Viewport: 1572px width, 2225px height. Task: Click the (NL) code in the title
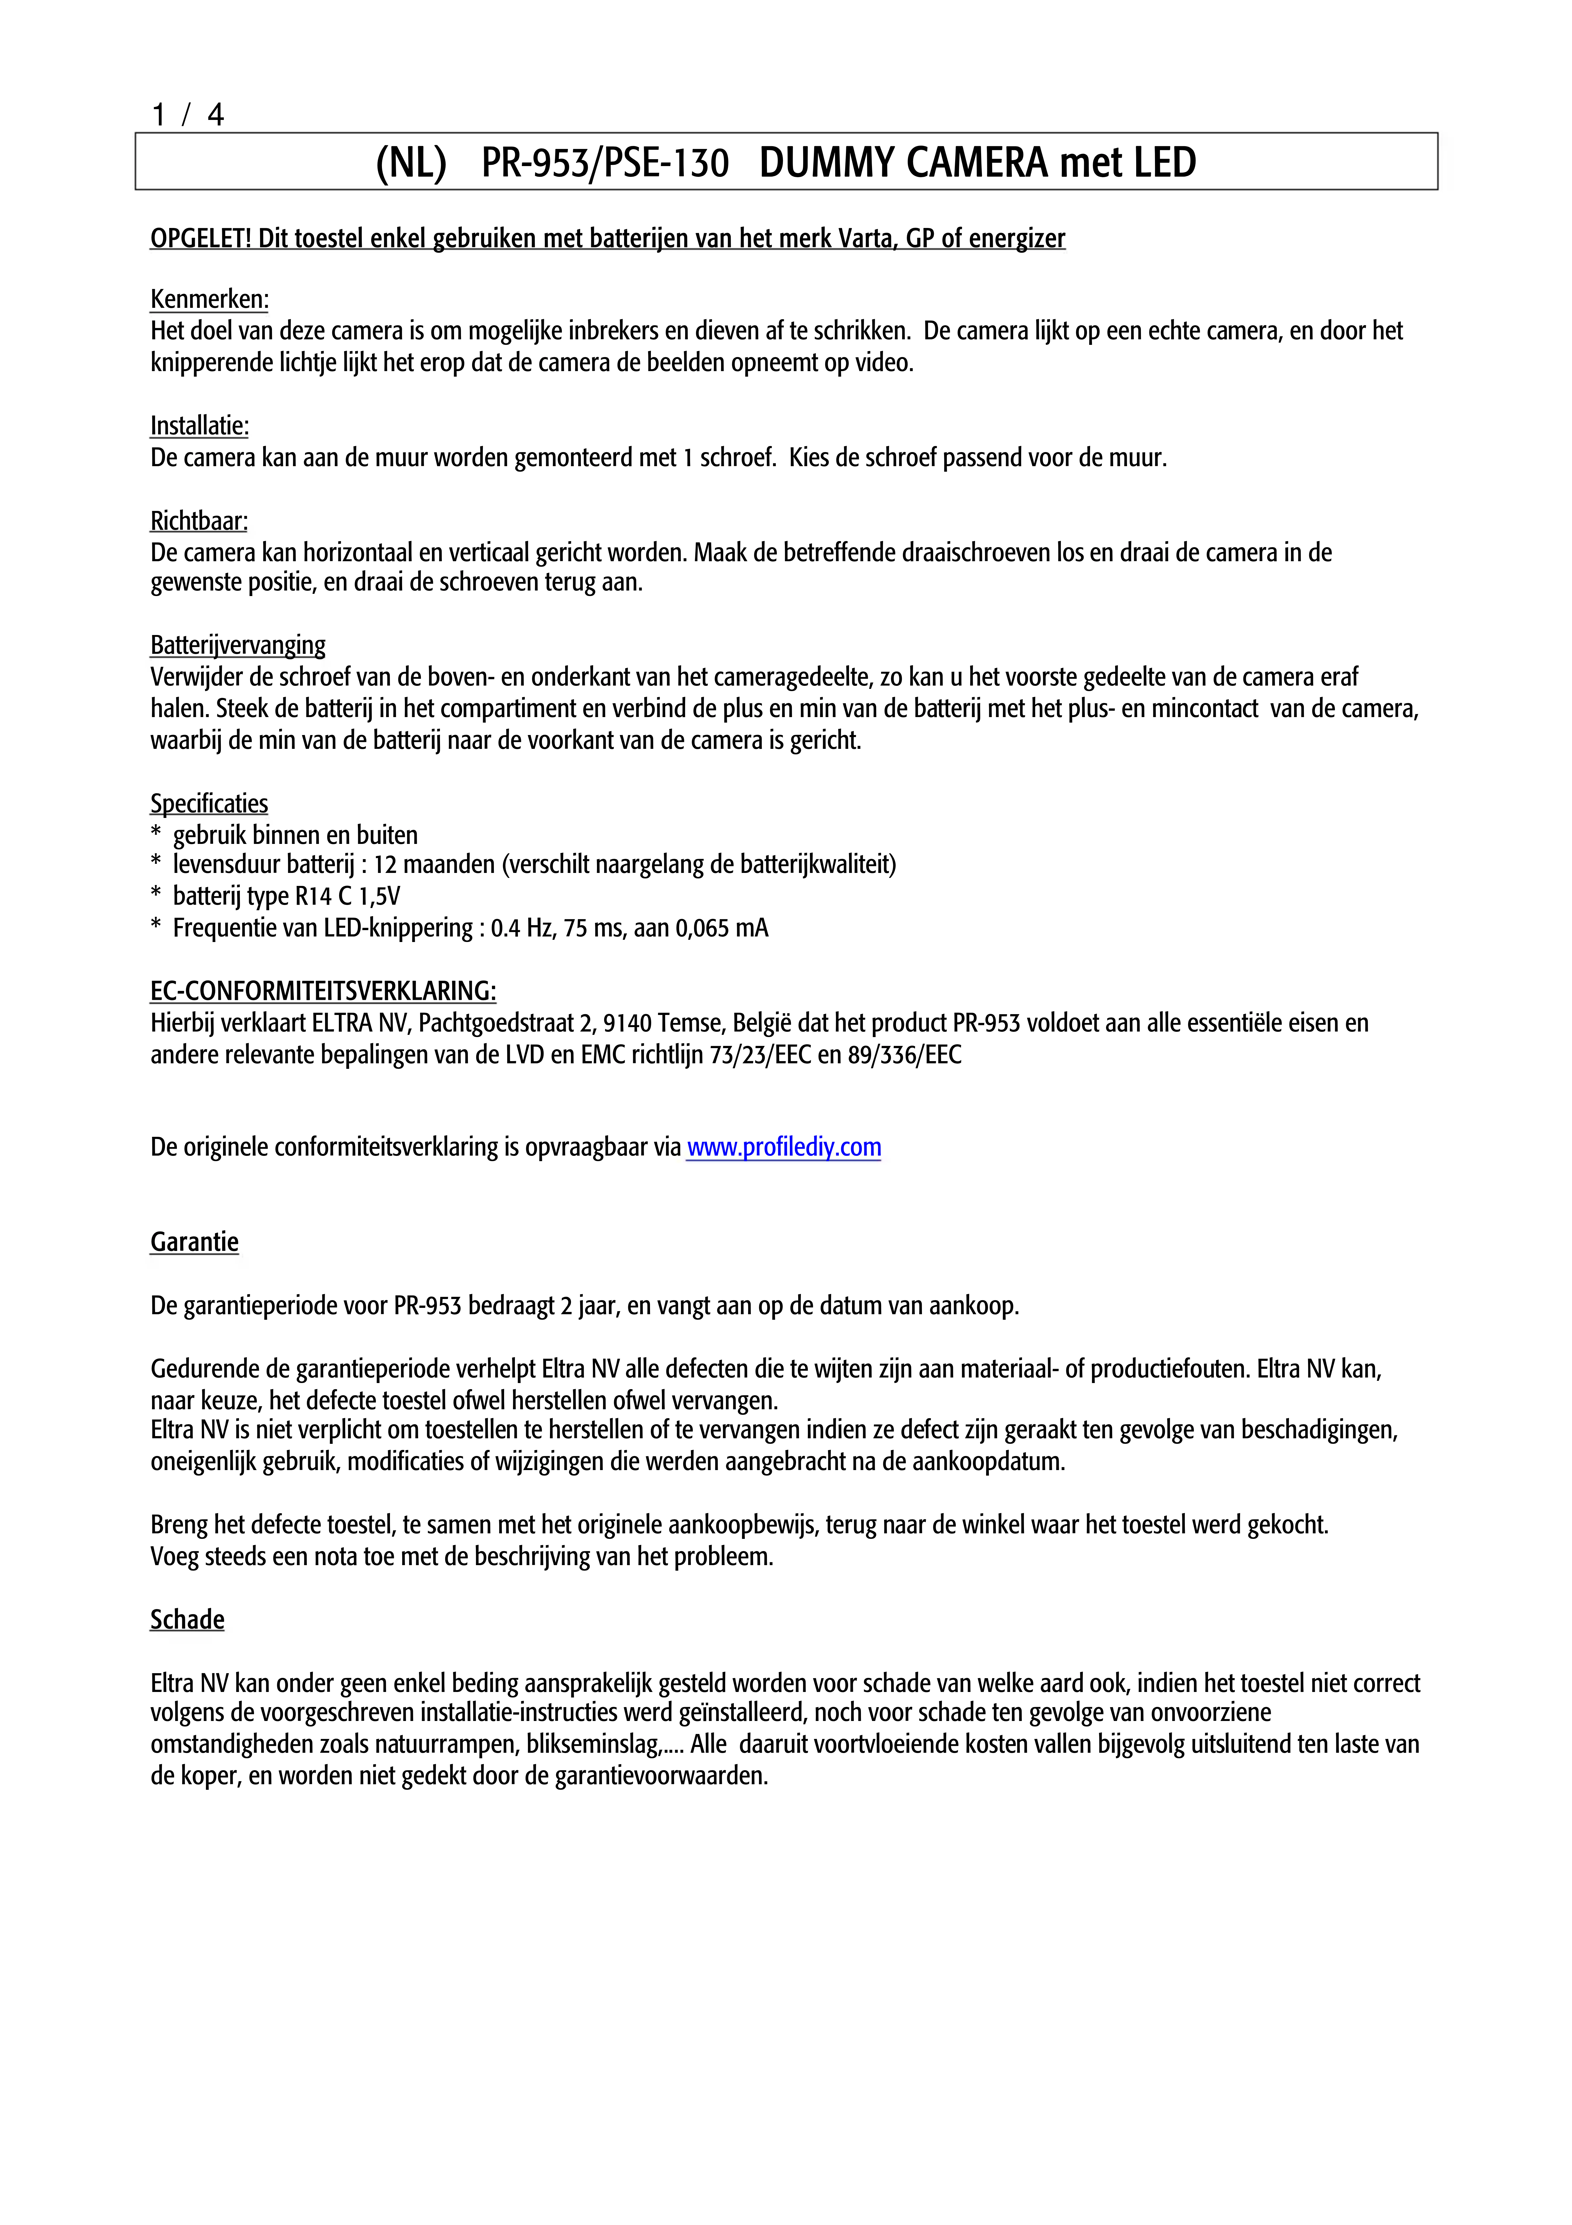[x=411, y=163]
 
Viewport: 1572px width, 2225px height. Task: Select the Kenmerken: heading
[x=209, y=300]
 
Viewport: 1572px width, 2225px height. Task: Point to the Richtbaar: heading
[x=199, y=521]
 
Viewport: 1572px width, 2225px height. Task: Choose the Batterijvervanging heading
[x=237, y=646]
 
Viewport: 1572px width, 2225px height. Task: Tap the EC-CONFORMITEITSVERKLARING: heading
[x=323, y=991]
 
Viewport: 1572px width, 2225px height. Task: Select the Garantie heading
[x=194, y=1242]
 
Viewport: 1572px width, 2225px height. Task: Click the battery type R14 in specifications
[x=313, y=896]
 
